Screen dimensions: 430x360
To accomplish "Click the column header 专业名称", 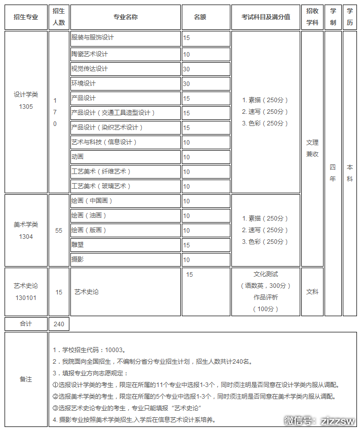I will pos(125,17).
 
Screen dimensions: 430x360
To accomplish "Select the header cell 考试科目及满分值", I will pos(265,17).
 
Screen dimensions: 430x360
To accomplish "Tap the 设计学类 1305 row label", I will pos(26,100).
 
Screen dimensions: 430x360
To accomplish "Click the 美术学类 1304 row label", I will pos(26,230).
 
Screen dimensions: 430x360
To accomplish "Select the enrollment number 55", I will pos(59,231).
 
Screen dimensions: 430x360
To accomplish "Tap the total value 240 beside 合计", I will pos(59,324).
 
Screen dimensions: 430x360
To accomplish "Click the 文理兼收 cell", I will pos(312,148).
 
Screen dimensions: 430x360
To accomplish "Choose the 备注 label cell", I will pos(26,379).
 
